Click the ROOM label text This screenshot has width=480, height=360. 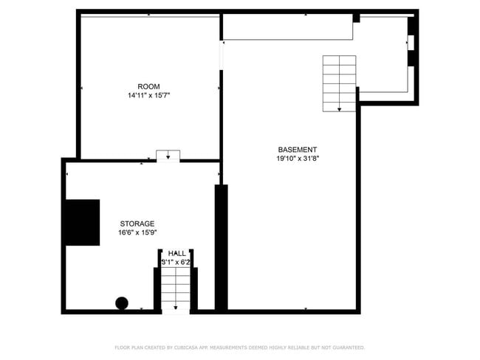148,86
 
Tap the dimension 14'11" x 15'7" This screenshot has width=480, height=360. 148,95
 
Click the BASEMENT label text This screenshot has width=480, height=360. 298,149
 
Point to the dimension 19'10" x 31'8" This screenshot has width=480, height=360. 298,158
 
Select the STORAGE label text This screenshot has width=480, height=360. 137,224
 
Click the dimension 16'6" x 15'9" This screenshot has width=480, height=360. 137,232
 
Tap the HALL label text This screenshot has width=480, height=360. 176,253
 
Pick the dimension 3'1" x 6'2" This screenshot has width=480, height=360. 176,262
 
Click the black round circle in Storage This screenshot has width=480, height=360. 122,302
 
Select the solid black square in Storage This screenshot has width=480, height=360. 82,222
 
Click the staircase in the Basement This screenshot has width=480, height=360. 340,83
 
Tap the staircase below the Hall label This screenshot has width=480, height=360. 176,288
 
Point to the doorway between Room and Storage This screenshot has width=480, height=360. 168,156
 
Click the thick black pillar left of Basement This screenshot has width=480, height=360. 221,247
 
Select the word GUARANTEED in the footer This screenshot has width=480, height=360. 346,347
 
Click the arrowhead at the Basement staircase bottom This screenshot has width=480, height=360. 340,109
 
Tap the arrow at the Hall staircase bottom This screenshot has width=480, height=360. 176,308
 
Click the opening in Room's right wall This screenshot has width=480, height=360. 221,55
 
